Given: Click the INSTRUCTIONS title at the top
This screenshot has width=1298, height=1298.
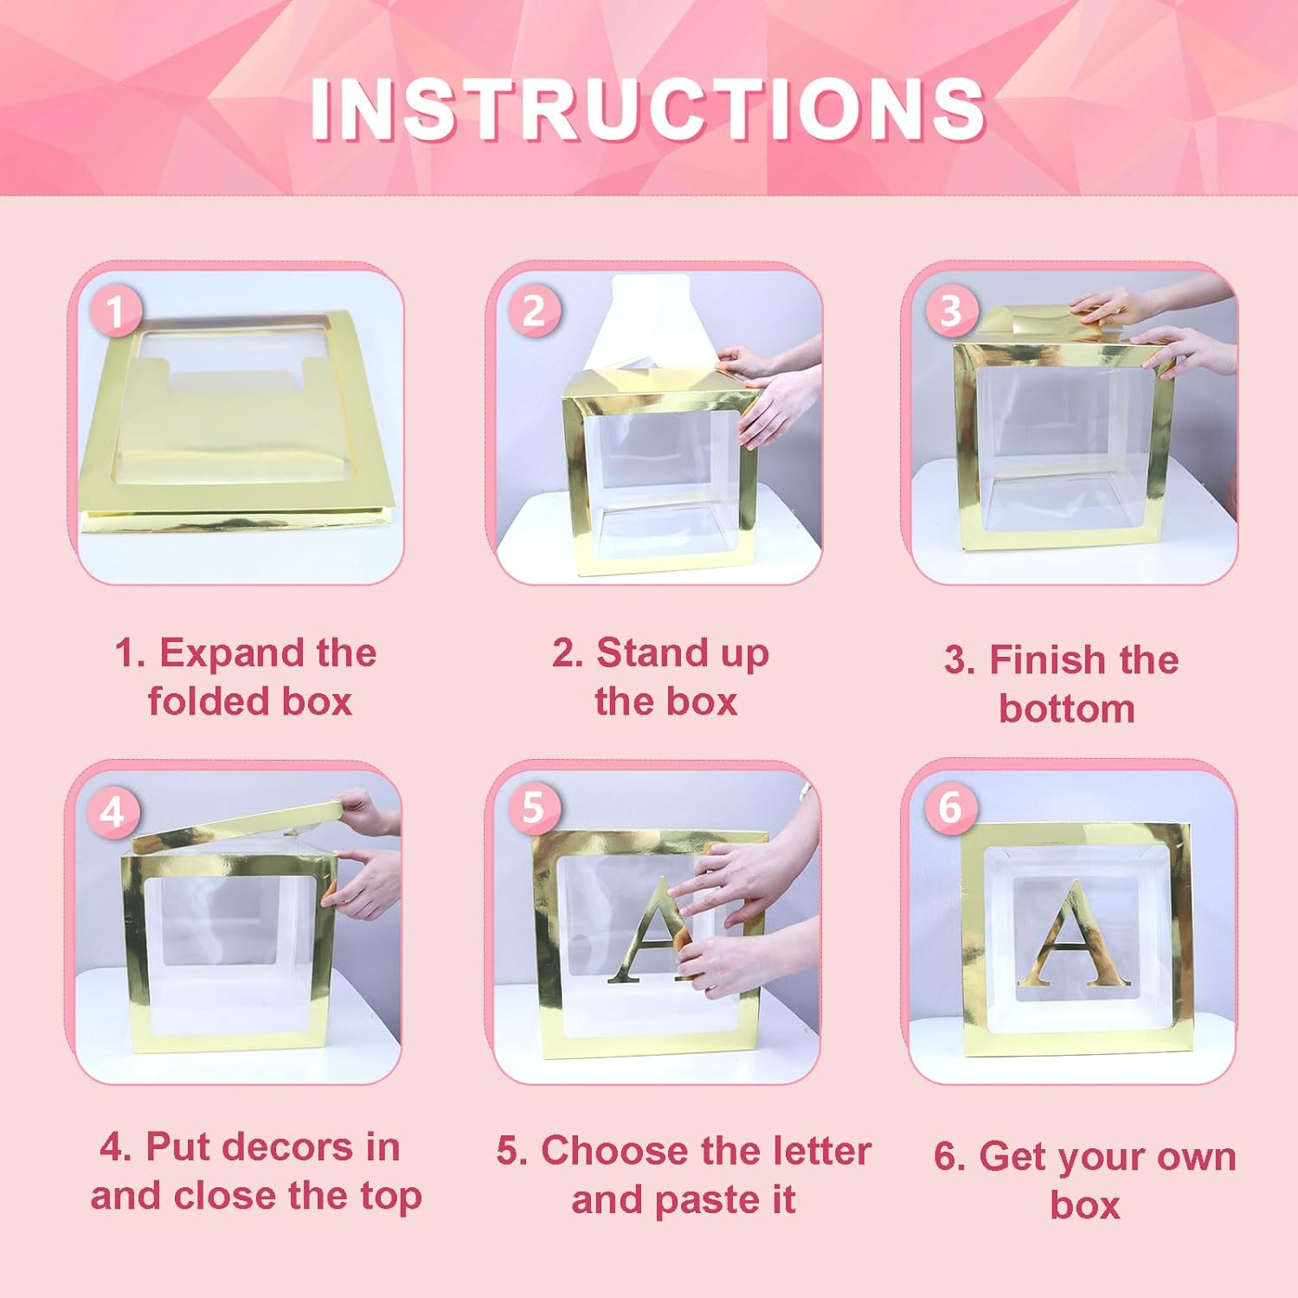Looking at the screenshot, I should click(x=647, y=109).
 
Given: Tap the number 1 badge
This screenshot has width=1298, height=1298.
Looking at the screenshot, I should click(x=114, y=312).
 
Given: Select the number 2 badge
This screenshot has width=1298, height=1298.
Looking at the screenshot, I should click(x=533, y=312).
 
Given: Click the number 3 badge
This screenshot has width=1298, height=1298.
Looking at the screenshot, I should click(x=950, y=311).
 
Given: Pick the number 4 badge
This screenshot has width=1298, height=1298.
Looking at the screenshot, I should click(x=112, y=813).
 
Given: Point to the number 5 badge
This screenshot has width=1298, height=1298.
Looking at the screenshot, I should click(x=532, y=808).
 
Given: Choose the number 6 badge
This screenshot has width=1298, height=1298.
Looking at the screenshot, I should click(x=950, y=808).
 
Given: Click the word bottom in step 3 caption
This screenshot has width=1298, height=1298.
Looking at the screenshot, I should click(x=1066, y=709).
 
